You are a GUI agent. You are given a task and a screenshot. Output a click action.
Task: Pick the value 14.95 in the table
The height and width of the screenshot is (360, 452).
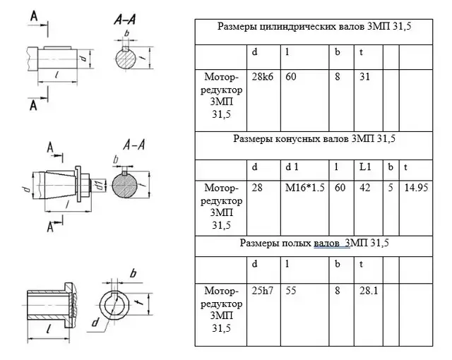pyautogui.click(x=415, y=189)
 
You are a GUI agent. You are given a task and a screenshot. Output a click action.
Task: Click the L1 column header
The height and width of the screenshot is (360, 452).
pyautogui.click(x=365, y=167)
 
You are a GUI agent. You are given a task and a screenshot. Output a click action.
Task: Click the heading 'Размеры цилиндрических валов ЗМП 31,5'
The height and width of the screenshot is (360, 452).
pyautogui.click(x=313, y=28)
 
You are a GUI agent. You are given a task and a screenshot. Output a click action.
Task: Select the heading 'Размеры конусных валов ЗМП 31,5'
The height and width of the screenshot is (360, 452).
pyautogui.click(x=314, y=139)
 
